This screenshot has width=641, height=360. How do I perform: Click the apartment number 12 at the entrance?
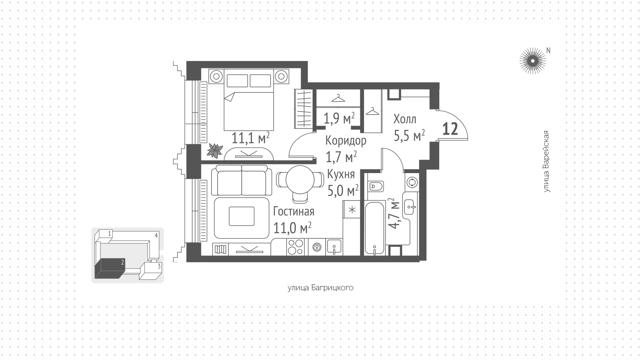[x=450, y=129]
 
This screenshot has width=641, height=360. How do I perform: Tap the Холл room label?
[x=405, y=119]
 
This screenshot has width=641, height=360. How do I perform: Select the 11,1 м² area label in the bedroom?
[x=250, y=138]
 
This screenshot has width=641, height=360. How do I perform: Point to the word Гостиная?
[x=294, y=211]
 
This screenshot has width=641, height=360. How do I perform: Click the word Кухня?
[x=341, y=174]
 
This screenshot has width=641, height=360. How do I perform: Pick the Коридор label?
[x=346, y=141]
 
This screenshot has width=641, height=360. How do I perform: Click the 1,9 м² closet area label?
[x=339, y=118]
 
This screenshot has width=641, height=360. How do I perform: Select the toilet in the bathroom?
[x=376, y=186]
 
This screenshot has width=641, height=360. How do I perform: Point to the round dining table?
[x=300, y=180]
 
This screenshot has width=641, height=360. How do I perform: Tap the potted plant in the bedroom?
[x=215, y=151]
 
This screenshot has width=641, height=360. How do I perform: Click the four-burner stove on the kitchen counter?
[x=295, y=247]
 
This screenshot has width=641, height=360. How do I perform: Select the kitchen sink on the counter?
[x=334, y=247]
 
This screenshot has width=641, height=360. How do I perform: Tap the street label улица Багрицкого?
[x=320, y=288]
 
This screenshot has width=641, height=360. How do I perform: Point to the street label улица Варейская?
[x=546, y=161]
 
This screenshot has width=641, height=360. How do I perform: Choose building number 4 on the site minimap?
[x=156, y=235]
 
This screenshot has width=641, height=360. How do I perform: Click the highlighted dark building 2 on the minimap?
[x=110, y=268]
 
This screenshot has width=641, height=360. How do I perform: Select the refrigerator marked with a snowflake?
[x=352, y=210]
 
